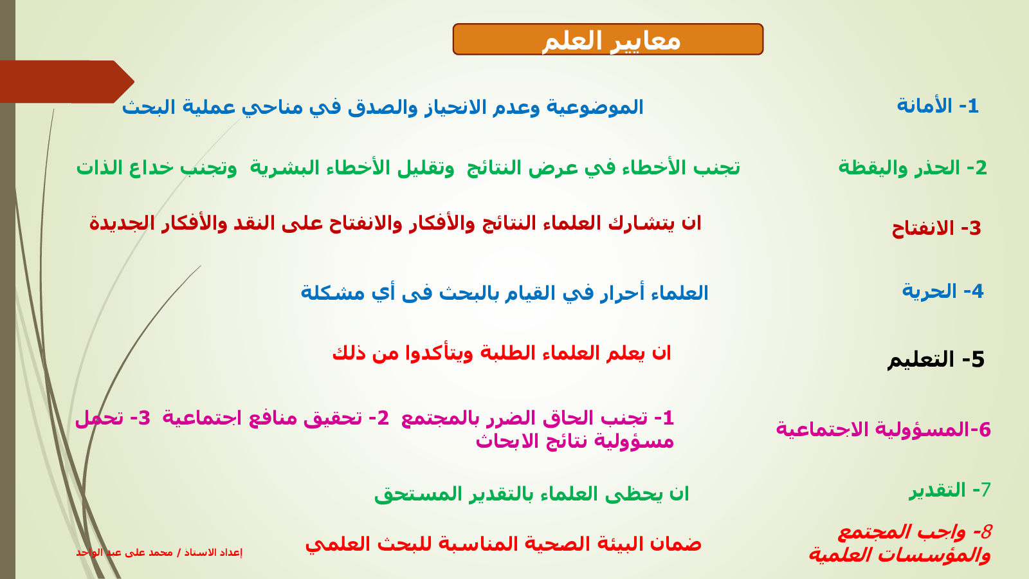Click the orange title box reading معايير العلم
[x=608, y=39]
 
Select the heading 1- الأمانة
[x=938, y=106]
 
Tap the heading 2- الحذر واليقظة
[x=913, y=168]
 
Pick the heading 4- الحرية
[x=943, y=291]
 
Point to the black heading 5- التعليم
[x=936, y=360]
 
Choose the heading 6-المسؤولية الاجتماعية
[x=884, y=429]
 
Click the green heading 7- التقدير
[x=950, y=490]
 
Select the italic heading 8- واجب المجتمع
[x=915, y=532]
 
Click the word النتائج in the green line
[x=495, y=168]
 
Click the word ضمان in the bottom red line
[x=675, y=544]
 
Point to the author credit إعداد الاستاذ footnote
[x=159, y=553]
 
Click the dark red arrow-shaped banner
[x=67, y=82]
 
